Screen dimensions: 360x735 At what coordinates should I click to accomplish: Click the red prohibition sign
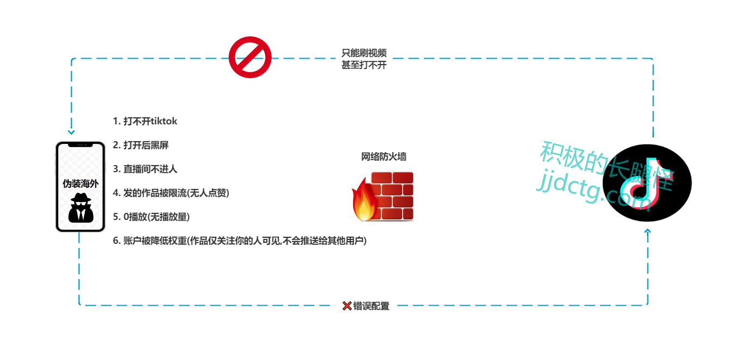pyautogui.click(x=250, y=58)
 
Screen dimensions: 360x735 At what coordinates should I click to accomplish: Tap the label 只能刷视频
pyautogui.click(x=364, y=53)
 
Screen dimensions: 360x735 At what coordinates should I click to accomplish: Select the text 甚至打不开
pyautogui.click(x=364, y=65)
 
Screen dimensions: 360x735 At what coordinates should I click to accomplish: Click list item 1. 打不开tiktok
pyautogui.click(x=145, y=121)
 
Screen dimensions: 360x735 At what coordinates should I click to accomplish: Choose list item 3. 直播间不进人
pyautogui.click(x=145, y=169)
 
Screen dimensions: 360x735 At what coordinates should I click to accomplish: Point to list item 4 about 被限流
pyautogui.click(x=171, y=193)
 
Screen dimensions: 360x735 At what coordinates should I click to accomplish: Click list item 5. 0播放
pyautogui.click(x=151, y=217)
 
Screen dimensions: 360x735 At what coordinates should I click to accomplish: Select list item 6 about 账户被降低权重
pyautogui.click(x=240, y=241)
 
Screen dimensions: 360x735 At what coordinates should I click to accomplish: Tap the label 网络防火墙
pyautogui.click(x=384, y=157)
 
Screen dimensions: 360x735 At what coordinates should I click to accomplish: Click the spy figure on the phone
pyautogui.click(x=80, y=207)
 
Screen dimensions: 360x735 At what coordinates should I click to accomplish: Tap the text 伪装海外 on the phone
pyautogui.click(x=80, y=184)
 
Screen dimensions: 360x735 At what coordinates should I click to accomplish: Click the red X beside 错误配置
pyautogui.click(x=347, y=306)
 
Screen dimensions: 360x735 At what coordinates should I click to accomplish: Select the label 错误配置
pyautogui.click(x=372, y=306)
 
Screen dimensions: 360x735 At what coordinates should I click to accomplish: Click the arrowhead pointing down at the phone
pyautogui.click(x=71, y=132)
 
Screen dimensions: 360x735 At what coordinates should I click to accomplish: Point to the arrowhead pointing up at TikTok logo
pyautogui.click(x=648, y=232)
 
